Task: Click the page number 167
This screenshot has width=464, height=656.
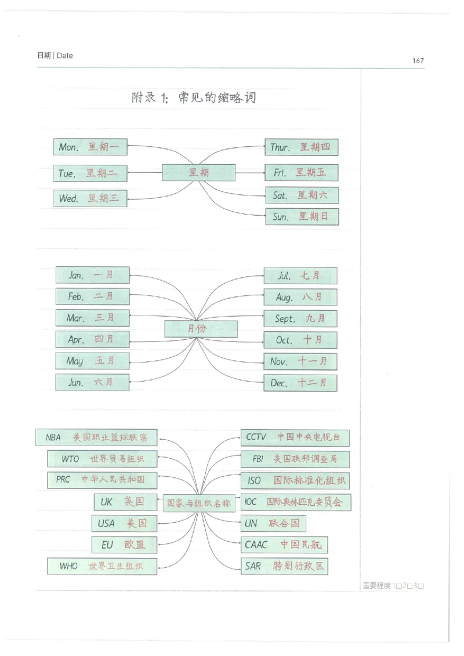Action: point(418,60)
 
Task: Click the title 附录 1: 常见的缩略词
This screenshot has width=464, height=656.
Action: point(194,98)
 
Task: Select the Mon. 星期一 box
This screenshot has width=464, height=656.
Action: point(90,147)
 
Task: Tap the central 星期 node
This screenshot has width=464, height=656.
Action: point(198,173)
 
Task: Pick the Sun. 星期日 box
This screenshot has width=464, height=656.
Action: point(302,217)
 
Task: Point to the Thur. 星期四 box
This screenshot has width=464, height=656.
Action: point(301,147)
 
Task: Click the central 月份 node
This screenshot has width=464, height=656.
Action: point(201,329)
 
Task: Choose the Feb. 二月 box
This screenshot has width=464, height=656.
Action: point(92,296)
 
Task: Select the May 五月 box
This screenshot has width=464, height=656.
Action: point(92,361)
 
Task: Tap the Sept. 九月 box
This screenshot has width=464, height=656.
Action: point(300,318)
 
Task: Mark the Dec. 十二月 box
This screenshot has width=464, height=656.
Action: point(300,383)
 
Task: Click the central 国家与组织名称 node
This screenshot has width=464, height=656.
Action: point(198,503)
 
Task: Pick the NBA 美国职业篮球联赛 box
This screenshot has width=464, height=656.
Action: point(96,437)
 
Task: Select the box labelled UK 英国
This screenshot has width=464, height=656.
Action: point(119,502)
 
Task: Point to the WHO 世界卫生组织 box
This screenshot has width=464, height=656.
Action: point(101,566)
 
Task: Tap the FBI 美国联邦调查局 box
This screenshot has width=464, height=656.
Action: point(295,459)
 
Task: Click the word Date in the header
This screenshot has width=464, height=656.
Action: point(65,56)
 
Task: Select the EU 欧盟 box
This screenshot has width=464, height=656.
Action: point(124,545)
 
